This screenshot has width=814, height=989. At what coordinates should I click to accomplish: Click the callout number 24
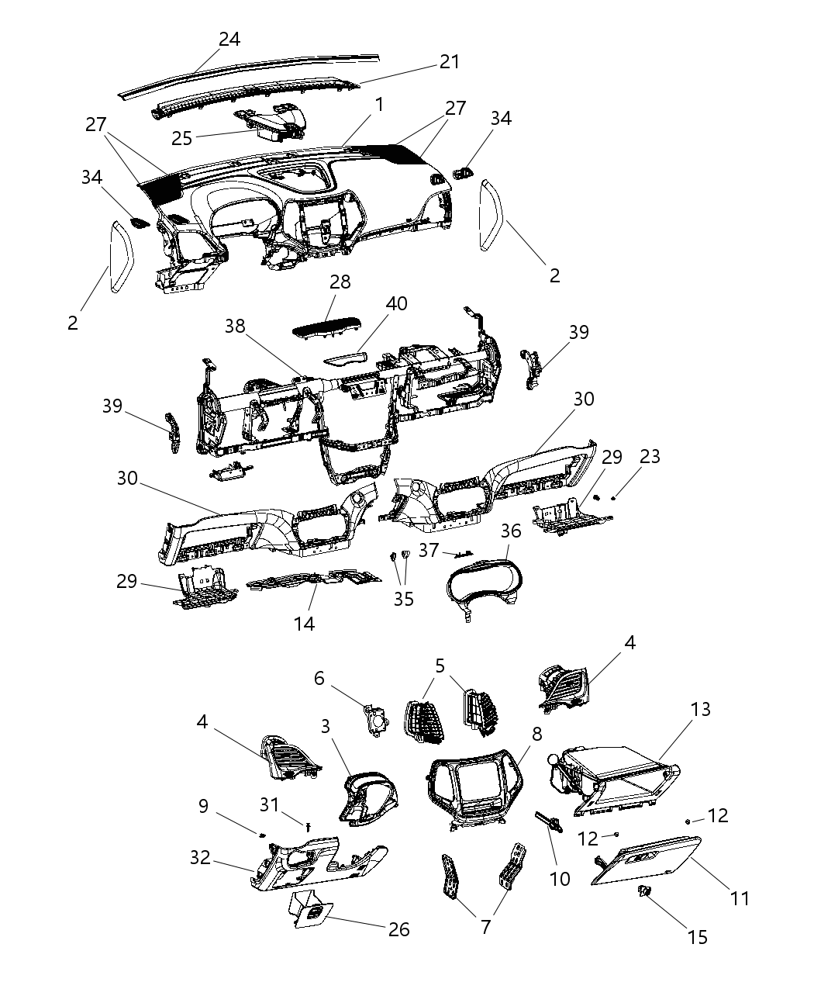tap(229, 40)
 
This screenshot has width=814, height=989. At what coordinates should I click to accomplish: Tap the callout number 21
tap(450, 62)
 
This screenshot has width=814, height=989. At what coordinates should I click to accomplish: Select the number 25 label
tap(182, 139)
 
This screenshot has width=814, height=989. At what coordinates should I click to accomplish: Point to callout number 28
tap(340, 282)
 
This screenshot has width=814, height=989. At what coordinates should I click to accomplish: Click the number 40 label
tap(396, 303)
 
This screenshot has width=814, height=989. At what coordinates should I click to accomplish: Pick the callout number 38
tap(235, 327)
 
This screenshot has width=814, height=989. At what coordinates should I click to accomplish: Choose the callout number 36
tap(510, 531)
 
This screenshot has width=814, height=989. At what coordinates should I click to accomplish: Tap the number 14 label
tap(304, 623)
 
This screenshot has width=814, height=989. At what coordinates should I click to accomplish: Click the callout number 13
tap(700, 709)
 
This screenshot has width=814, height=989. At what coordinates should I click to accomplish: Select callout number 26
tap(398, 929)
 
